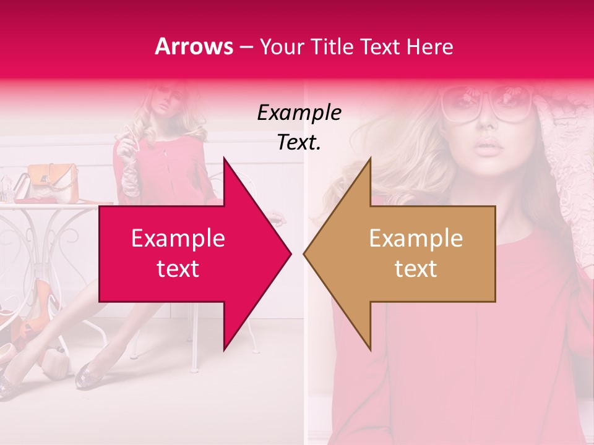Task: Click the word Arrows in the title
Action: click(194, 46)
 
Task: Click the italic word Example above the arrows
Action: click(299, 113)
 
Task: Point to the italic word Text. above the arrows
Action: click(299, 143)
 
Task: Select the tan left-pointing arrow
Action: click(408, 253)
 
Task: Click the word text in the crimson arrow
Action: click(178, 269)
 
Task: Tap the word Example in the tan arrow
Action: click(416, 239)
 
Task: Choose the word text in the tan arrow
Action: click(416, 269)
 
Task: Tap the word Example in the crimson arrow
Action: click(178, 239)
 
